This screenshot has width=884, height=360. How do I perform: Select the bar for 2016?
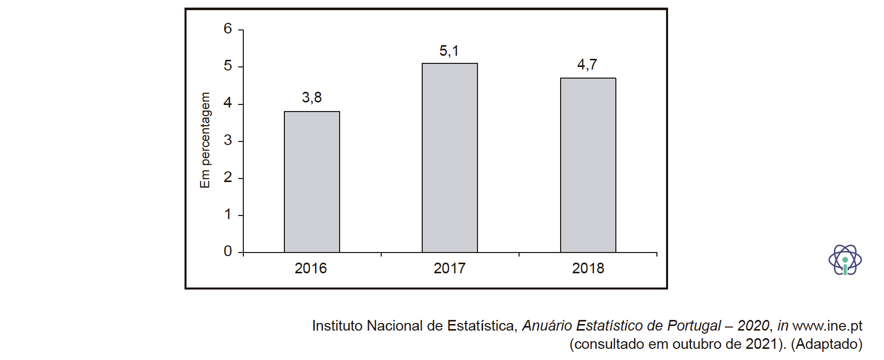coord(312,182)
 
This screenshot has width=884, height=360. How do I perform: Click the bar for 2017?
coord(450,158)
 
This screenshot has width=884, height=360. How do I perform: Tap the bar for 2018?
coord(588,165)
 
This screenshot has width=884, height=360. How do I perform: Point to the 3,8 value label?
coord(312,97)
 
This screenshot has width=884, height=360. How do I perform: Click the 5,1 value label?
coord(449,51)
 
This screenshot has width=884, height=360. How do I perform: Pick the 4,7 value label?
coord(587,65)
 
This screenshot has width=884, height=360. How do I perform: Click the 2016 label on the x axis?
coord(311,268)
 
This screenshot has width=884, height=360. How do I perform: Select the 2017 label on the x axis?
coord(450,268)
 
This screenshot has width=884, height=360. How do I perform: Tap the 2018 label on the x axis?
coord(588,268)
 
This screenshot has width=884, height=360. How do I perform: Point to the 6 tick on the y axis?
coord(228,29)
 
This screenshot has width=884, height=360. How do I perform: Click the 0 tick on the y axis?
coord(228,251)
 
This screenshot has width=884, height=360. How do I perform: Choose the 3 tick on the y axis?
coord(228,140)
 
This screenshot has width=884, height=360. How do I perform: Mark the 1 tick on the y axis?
coord(228,214)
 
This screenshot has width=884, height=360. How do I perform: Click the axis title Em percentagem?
coord(205,140)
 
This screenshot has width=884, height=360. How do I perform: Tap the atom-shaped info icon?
coord(845,260)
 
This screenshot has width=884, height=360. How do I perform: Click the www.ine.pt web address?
coord(827,326)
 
